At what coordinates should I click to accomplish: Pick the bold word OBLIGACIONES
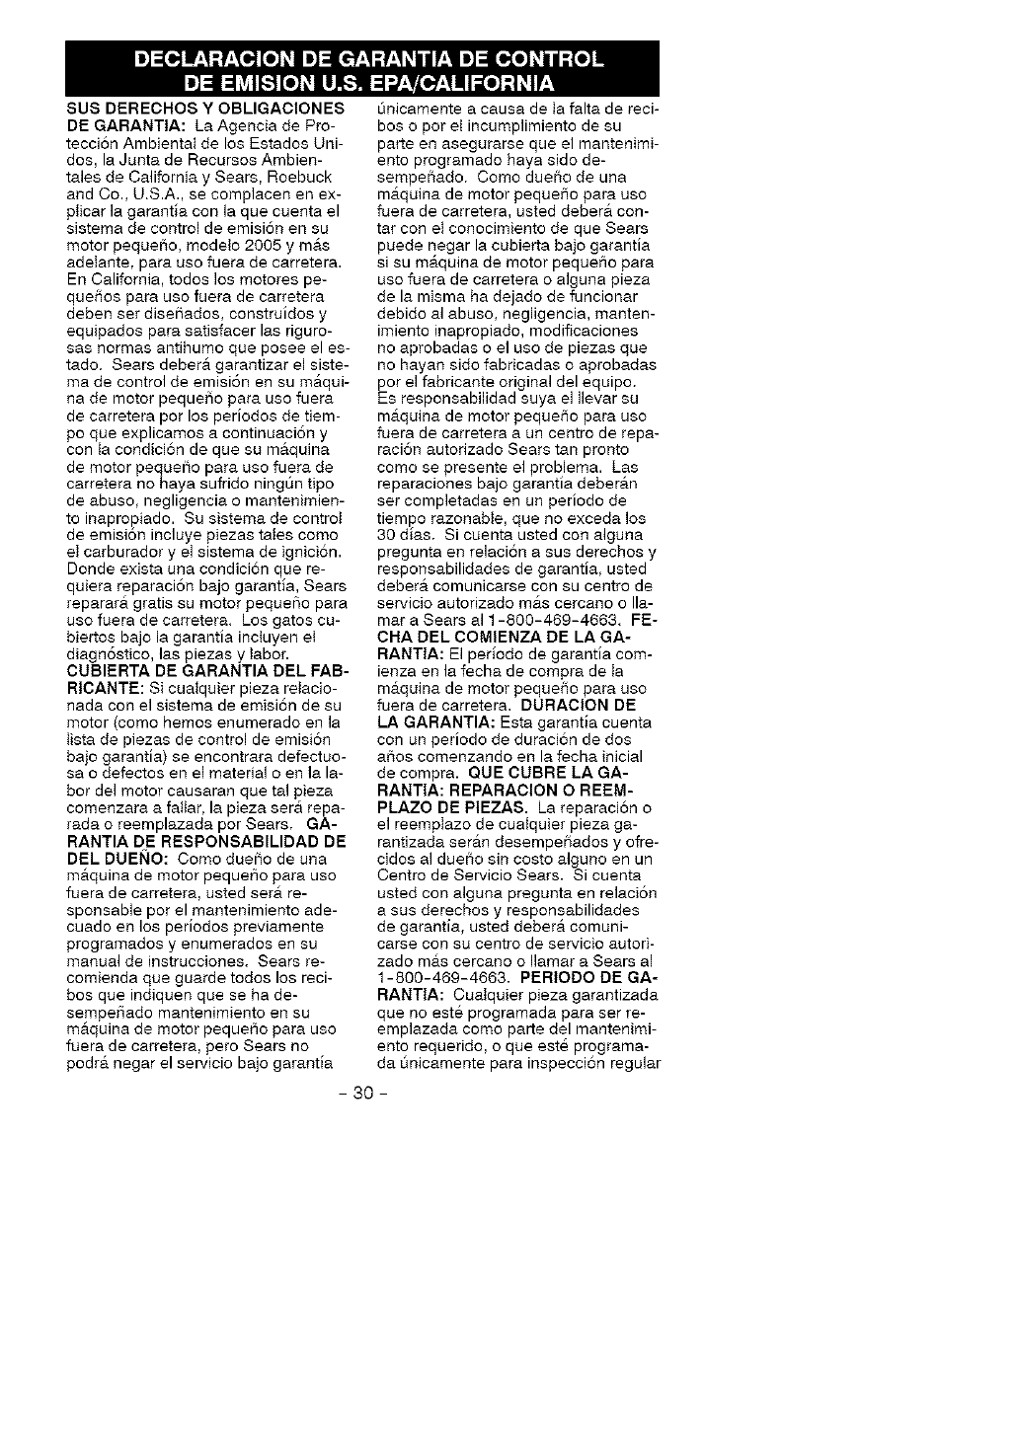coord(285,106)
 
